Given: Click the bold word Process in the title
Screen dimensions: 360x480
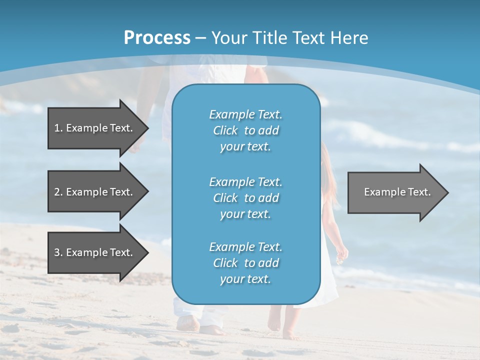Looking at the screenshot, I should (x=157, y=38).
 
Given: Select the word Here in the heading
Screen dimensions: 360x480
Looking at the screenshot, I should (x=349, y=38).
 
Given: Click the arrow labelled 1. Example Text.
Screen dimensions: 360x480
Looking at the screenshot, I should (x=95, y=128).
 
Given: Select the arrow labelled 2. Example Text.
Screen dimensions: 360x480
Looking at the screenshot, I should (x=95, y=192).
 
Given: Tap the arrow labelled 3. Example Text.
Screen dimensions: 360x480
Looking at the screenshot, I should (x=95, y=252).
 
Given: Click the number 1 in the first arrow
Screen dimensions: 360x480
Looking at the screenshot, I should (x=57, y=128).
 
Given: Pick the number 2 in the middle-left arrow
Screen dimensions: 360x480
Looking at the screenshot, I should (x=57, y=192).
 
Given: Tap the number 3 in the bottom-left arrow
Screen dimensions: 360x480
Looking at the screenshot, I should (x=57, y=252).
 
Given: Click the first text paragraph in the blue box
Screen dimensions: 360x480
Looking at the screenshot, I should (x=245, y=130).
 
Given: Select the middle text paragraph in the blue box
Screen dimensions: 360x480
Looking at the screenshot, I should (x=245, y=198).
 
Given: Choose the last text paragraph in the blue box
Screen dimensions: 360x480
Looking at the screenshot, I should (x=245, y=263).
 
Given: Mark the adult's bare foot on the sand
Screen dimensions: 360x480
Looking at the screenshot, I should (x=188, y=324).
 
